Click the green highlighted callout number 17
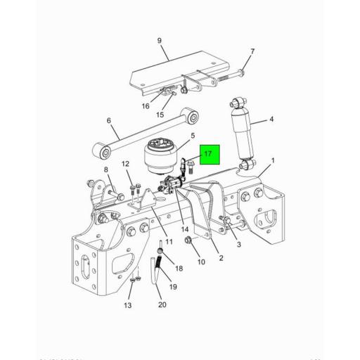208,154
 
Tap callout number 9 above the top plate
159,41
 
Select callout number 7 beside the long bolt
252,51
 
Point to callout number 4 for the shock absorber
271,120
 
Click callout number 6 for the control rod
109,121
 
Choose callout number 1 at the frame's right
272,161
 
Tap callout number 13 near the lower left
127,305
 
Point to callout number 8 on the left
106,170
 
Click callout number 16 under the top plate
146,106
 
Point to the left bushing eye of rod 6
103,150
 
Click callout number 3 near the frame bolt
238,245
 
